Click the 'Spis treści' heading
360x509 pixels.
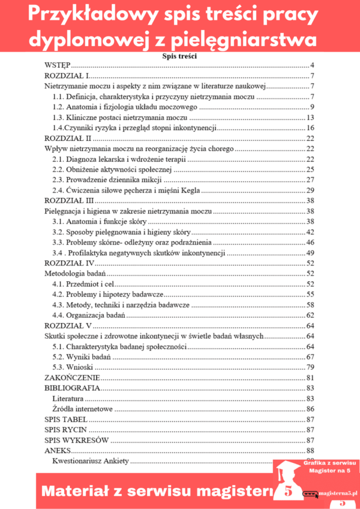(x=179, y=56)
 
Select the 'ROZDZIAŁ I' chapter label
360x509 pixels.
(x=67, y=76)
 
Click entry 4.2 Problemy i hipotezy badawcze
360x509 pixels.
(x=108, y=294)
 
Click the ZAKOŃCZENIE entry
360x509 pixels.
(x=72, y=378)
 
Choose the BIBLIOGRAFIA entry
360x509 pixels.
(x=71, y=388)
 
